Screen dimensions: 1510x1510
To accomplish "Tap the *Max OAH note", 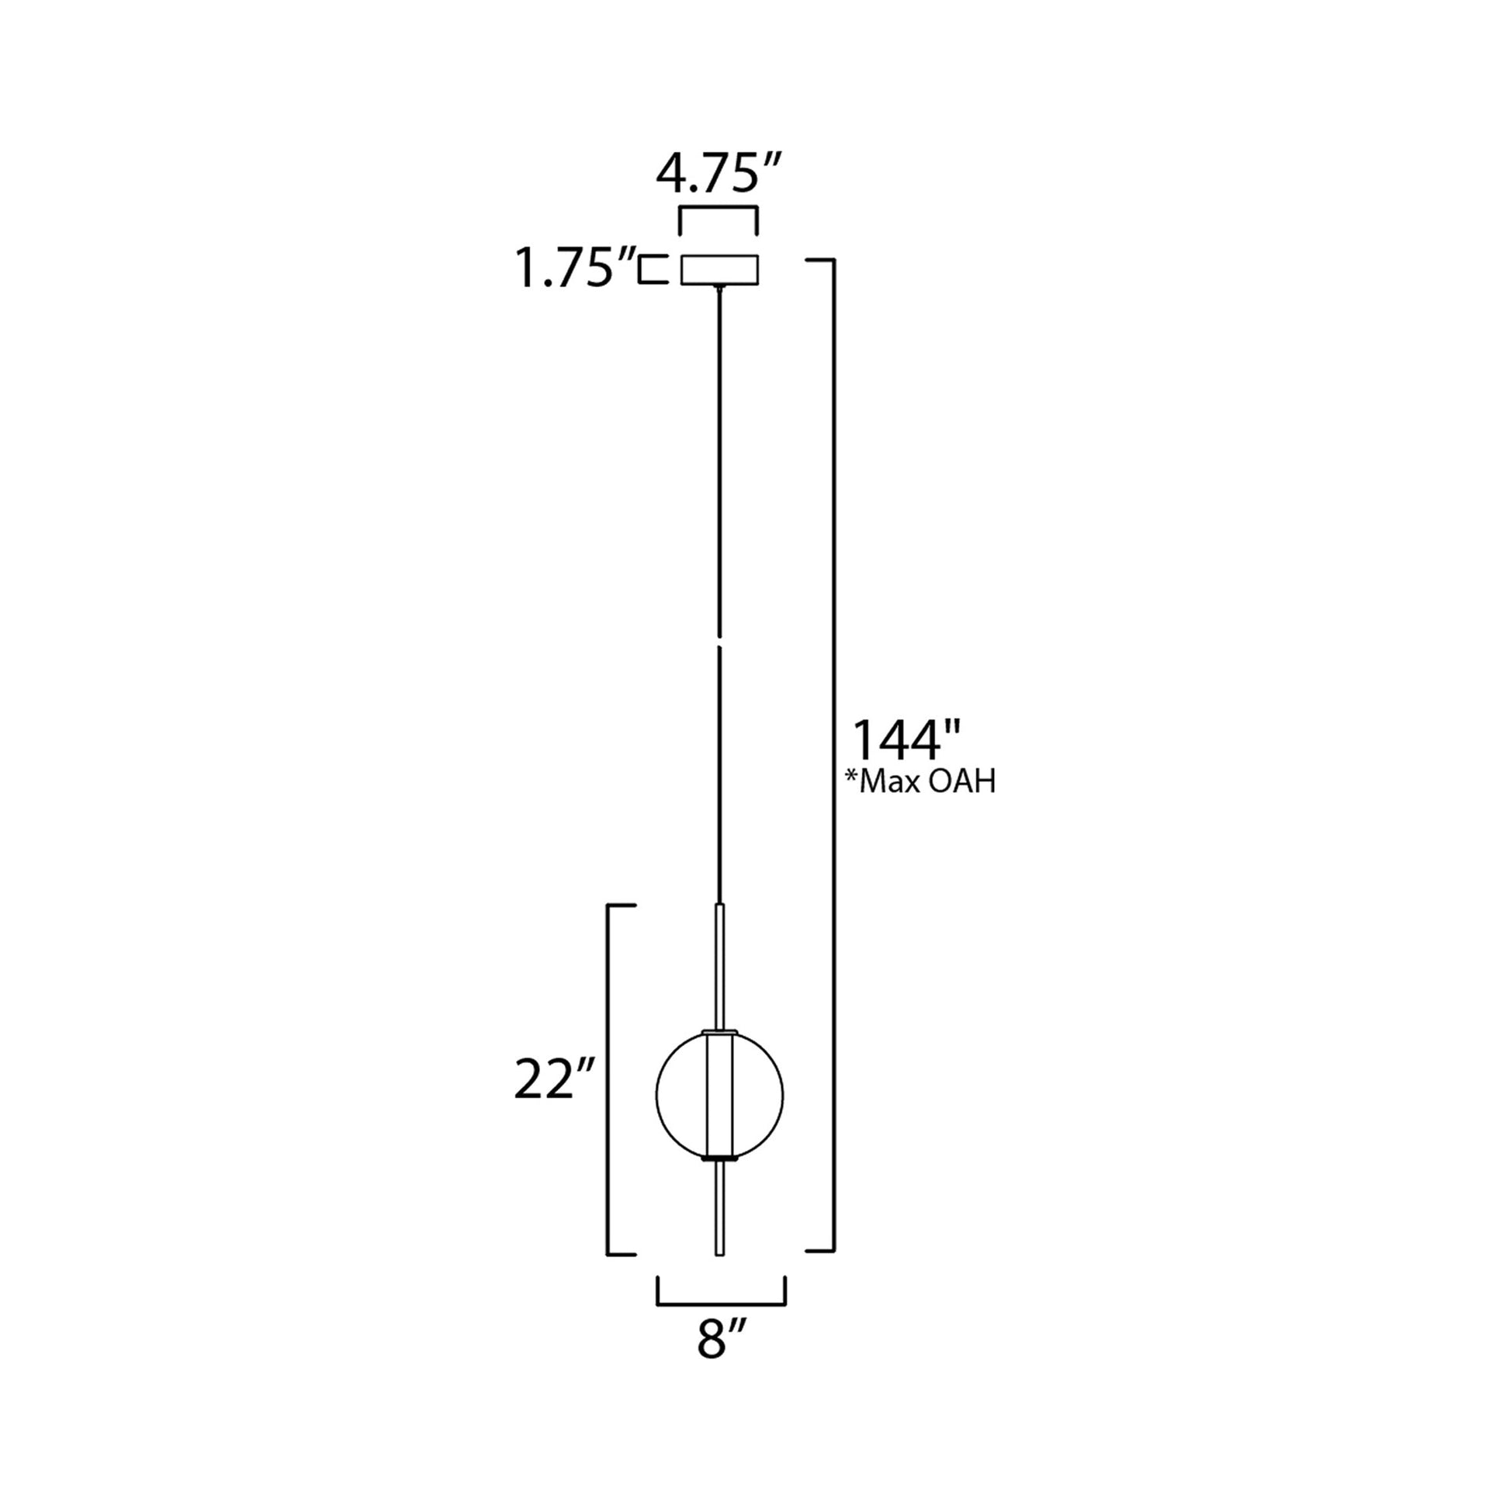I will pos(920,781).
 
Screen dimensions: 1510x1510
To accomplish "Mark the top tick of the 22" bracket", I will pos(622,906).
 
